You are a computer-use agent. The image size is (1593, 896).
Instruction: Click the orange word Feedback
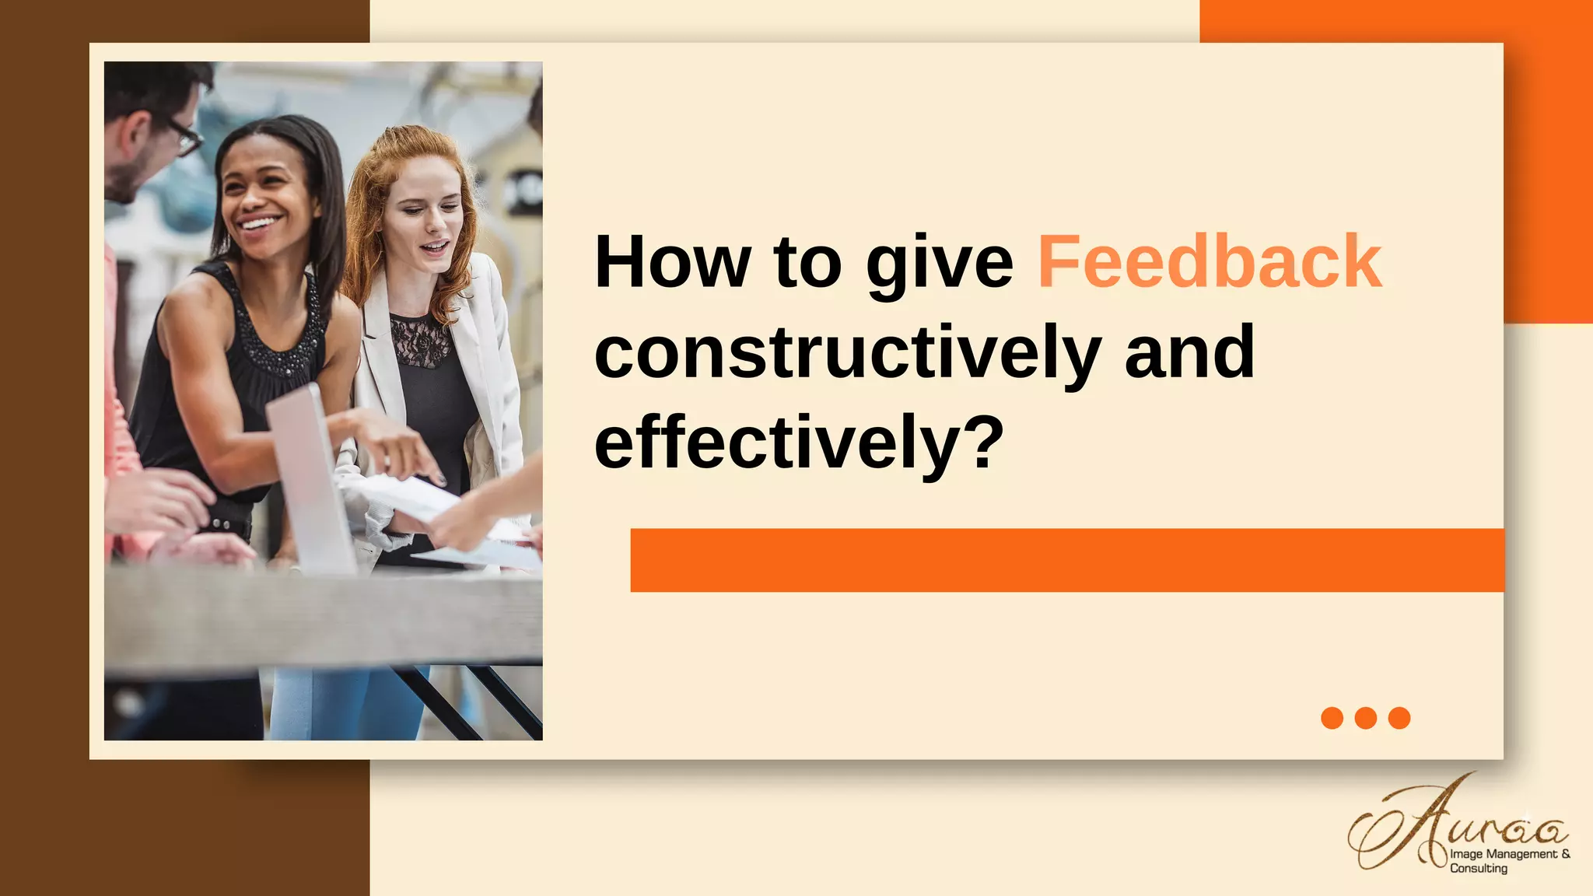click(x=1210, y=263)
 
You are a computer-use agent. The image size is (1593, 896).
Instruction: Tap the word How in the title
click(x=672, y=263)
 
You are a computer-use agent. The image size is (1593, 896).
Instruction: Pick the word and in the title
click(x=1189, y=352)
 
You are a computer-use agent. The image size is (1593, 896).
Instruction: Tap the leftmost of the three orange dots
click(x=1332, y=718)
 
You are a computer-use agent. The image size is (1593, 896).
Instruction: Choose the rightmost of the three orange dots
click(x=1399, y=718)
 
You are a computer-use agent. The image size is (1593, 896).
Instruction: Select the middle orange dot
click(x=1366, y=718)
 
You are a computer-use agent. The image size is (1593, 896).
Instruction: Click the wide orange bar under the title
click(x=1067, y=560)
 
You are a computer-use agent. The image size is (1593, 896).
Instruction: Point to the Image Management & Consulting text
click(x=1509, y=860)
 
